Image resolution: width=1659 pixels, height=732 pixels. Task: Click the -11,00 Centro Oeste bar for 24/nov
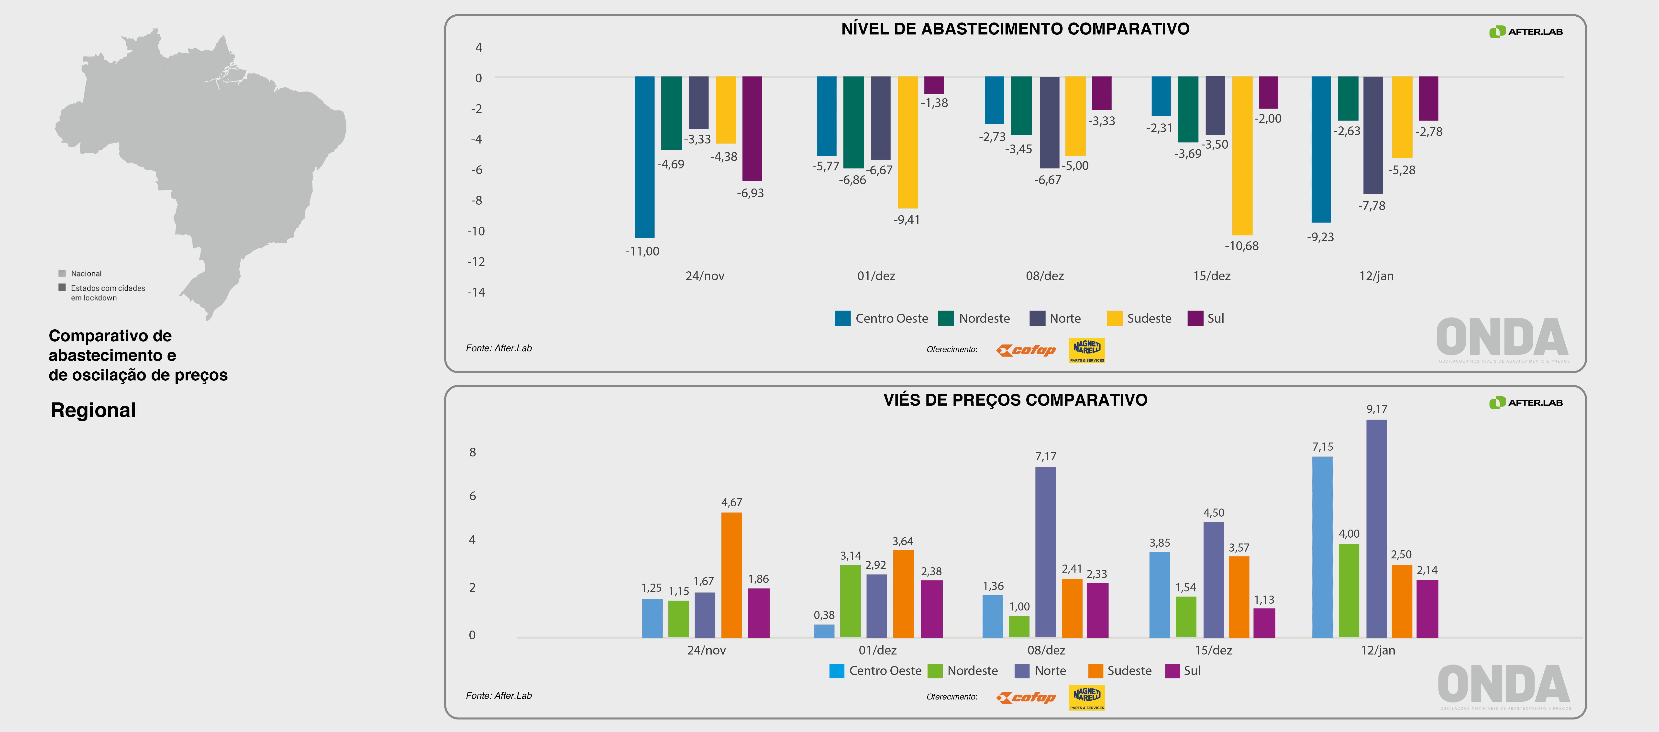click(645, 157)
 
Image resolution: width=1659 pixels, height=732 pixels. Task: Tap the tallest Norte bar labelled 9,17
click(1376, 529)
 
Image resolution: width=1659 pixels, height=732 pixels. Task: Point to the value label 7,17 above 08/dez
click(1045, 456)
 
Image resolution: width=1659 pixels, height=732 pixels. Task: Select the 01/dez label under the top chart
click(876, 276)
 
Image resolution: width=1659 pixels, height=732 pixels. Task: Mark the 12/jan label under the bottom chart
click(1378, 650)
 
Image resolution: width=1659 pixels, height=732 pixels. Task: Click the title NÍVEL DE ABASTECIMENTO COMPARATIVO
click(1015, 29)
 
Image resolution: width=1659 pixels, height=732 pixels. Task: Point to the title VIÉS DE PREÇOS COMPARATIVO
click(1015, 400)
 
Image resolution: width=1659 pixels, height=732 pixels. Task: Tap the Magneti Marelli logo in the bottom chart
click(1086, 697)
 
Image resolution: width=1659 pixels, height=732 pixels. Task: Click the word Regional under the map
click(93, 410)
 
